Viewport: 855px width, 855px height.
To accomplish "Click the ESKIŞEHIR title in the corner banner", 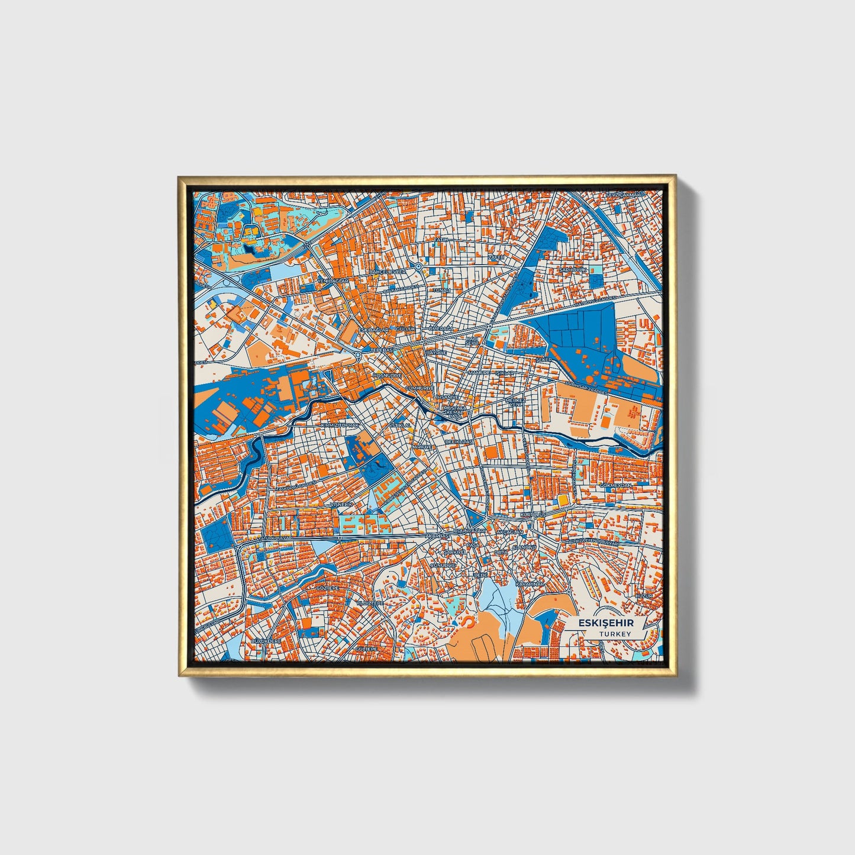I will click(605, 623).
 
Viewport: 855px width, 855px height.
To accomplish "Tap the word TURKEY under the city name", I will click(615, 634).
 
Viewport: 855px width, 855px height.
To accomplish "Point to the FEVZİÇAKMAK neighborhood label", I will click(623, 195).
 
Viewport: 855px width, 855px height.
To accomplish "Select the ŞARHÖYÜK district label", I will click(572, 270).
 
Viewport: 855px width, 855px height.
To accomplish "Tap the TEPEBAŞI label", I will click(382, 350).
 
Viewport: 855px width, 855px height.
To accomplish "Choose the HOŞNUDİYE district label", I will click(388, 375).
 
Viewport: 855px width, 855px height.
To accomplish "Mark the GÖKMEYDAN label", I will click(616, 485).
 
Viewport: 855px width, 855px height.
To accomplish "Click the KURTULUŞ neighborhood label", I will click(532, 515).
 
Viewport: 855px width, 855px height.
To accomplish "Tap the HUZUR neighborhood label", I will click(644, 596).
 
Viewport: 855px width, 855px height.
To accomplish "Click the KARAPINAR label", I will click(529, 583).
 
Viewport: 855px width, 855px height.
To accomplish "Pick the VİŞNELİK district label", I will click(341, 504).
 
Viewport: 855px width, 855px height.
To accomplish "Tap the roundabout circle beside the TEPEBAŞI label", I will click(359, 355).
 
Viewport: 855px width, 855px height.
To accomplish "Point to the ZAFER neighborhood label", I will click(496, 258).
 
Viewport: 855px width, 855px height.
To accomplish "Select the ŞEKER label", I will click(543, 359).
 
